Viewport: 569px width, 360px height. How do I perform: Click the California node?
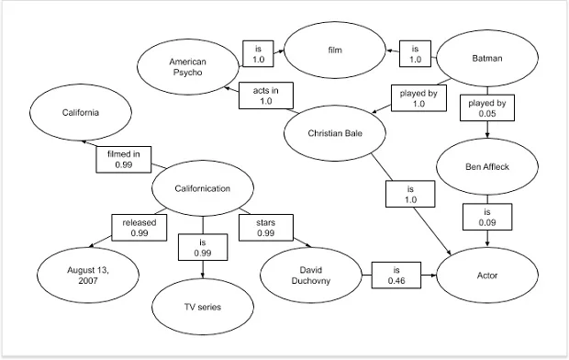[80, 113]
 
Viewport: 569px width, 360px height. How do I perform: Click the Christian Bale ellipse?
[333, 132]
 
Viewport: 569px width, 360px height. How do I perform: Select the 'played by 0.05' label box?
[486, 109]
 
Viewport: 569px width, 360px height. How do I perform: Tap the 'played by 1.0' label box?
[418, 97]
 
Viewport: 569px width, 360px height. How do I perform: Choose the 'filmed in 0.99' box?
[124, 160]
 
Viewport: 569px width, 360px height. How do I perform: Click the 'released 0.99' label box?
[139, 228]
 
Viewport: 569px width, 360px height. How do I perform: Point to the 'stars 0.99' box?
[266, 228]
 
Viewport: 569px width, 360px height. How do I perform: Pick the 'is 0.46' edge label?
[396, 276]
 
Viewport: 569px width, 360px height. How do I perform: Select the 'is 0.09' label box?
[487, 217]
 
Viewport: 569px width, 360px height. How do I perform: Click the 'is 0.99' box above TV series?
[203, 246]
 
